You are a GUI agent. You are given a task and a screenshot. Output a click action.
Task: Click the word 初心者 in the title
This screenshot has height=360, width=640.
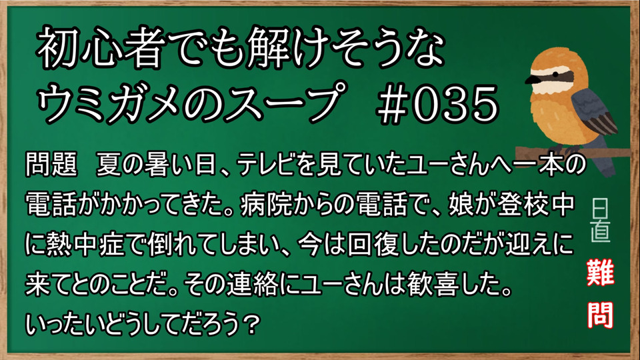point(97,48)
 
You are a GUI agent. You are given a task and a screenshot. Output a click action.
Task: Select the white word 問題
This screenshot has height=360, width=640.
point(51,165)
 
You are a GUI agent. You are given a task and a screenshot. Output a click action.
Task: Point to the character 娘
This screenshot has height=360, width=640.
point(461,204)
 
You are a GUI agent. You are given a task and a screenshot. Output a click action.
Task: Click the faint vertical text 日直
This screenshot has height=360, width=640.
point(601,221)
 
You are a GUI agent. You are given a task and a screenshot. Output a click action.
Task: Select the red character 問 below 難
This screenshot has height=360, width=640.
point(601,315)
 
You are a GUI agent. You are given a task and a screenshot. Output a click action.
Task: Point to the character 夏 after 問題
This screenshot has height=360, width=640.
point(109,165)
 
